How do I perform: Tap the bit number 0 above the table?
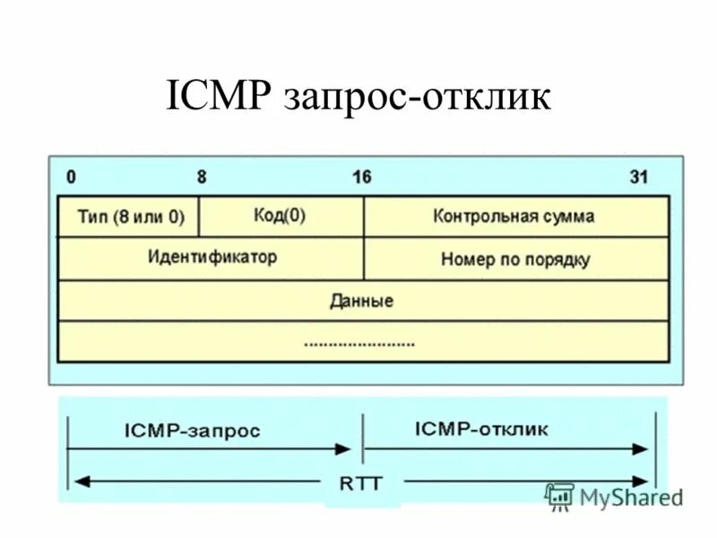(x=71, y=177)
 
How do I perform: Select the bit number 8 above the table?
(x=202, y=177)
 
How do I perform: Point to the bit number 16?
(x=361, y=177)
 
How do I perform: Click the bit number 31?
(x=638, y=177)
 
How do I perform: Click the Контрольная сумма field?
(x=514, y=216)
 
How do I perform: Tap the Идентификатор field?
(x=212, y=257)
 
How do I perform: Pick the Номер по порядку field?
(x=515, y=259)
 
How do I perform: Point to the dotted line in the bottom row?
(x=359, y=343)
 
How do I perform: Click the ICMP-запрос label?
(x=192, y=430)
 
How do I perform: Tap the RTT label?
(x=362, y=482)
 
